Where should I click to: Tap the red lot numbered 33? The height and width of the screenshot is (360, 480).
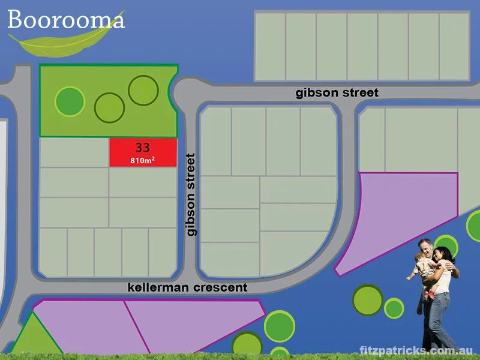click(x=143, y=152)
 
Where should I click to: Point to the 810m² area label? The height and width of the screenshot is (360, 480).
click(x=143, y=160)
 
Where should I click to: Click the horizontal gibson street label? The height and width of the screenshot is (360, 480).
click(x=337, y=93)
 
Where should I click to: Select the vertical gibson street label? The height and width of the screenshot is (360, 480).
click(x=191, y=194)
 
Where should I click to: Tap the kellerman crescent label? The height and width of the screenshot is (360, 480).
click(x=187, y=287)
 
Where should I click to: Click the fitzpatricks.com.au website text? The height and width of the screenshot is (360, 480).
click(x=416, y=350)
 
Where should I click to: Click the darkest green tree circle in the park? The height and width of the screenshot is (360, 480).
click(x=70, y=101)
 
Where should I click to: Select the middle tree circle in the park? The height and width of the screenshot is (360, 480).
click(x=109, y=108)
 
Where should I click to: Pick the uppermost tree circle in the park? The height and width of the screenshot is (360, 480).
click(x=143, y=90)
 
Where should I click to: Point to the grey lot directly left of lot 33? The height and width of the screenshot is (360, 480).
click(x=74, y=152)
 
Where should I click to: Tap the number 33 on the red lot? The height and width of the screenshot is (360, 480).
click(x=143, y=146)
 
